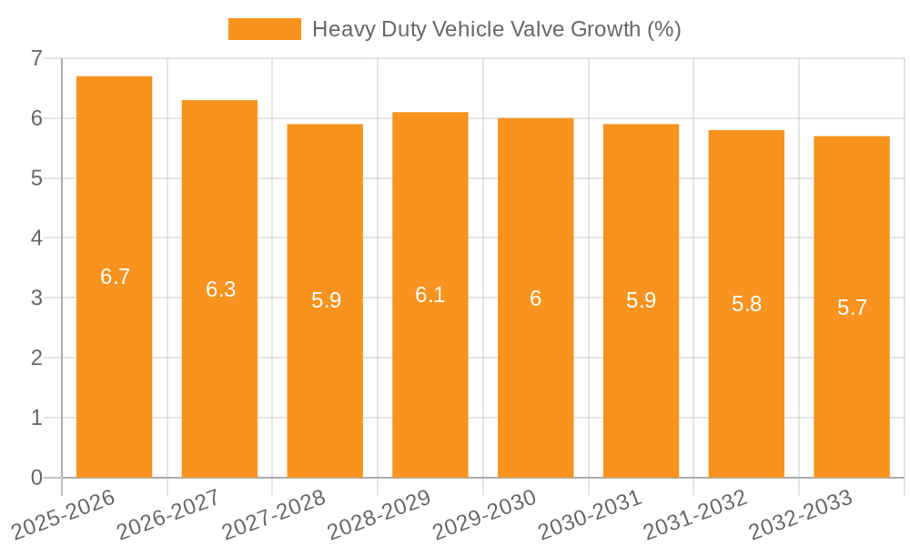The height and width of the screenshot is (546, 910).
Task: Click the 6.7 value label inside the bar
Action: coord(116,277)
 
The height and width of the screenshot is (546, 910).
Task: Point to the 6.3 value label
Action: coord(220,289)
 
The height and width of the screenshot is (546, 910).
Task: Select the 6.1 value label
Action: coord(430,295)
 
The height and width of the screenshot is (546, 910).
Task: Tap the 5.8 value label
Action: coord(746,304)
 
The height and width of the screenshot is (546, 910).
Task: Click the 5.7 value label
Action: coord(852,308)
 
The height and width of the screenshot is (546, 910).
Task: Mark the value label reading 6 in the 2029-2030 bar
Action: coord(536,298)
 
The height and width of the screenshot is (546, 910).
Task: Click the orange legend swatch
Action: coord(264,29)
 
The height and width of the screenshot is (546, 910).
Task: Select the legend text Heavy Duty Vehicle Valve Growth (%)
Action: coord(496,29)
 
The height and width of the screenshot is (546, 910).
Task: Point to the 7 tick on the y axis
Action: coord(36,58)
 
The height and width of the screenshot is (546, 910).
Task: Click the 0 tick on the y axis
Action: coord(36,478)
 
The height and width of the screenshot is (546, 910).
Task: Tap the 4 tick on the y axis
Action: coord(36,238)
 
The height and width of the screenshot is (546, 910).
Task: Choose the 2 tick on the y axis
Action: coord(36,358)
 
